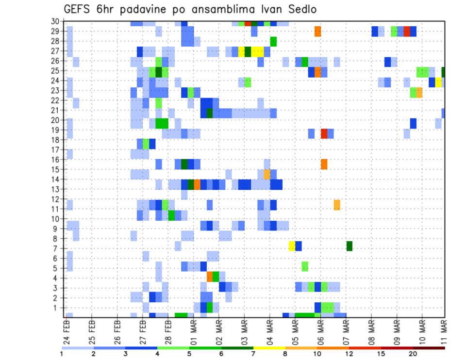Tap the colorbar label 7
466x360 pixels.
coord(253,353)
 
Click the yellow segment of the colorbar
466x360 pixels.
coord(269,347)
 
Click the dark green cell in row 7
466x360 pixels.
coord(349,246)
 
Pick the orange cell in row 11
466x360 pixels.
coord(337,205)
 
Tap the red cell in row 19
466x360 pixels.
coord(324,134)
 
